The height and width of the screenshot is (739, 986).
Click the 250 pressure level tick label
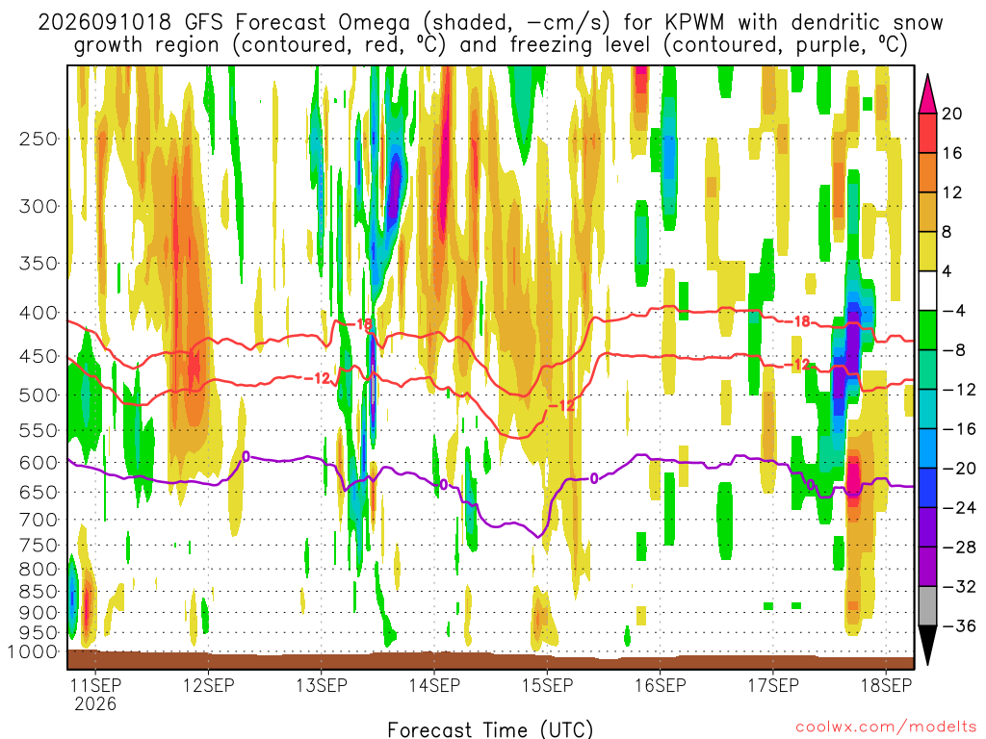(x=39, y=139)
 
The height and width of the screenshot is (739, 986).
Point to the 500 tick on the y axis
(x=39, y=395)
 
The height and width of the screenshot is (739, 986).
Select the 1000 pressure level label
(x=33, y=651)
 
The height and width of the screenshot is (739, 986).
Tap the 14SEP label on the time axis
(x=434, y=685)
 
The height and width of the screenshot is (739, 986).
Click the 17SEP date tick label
(x=773, y=685)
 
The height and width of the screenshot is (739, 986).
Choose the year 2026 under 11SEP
(x=95, y=703)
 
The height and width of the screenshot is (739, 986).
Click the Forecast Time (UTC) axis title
(x=490, y=729)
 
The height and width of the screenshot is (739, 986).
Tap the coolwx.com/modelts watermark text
(x=886, y=727)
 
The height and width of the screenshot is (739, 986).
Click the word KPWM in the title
(x=694, y=23)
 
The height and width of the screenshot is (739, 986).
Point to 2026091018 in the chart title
(x=104, y=23)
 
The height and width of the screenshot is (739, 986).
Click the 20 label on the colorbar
(x=951, y=114)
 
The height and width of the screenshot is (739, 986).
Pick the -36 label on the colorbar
(x=958, y=625)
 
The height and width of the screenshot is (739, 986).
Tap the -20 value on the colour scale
(x=958, y=469)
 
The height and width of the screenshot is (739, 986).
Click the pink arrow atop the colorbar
(x=927, y=93)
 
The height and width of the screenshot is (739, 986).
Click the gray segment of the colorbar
(x=927, y=606)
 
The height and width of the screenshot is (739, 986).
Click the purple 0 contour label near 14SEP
(x=444, y=485)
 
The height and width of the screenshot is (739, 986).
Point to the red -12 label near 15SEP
(x=561, y=406)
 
